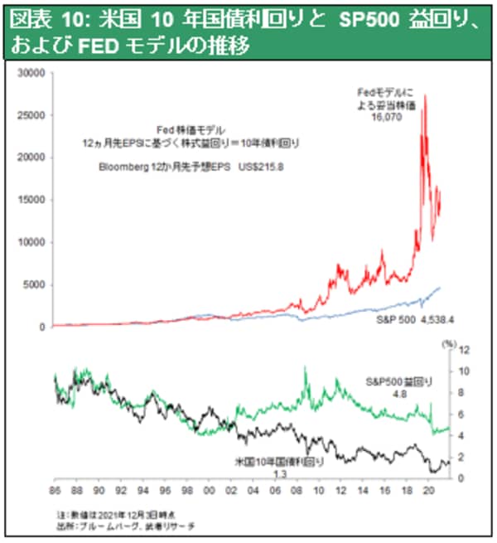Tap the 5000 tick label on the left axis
point(33,284)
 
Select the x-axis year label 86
point(55,490)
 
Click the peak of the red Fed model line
point(425,95)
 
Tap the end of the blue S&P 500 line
point(440,288)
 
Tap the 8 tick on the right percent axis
point(465,392)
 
